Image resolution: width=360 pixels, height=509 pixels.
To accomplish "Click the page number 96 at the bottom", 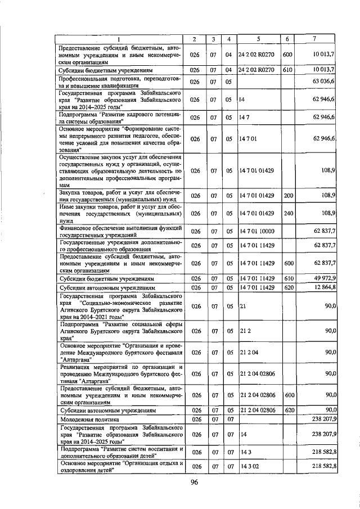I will (194, 483).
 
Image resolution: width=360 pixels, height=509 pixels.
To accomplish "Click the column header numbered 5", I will (258, 39).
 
